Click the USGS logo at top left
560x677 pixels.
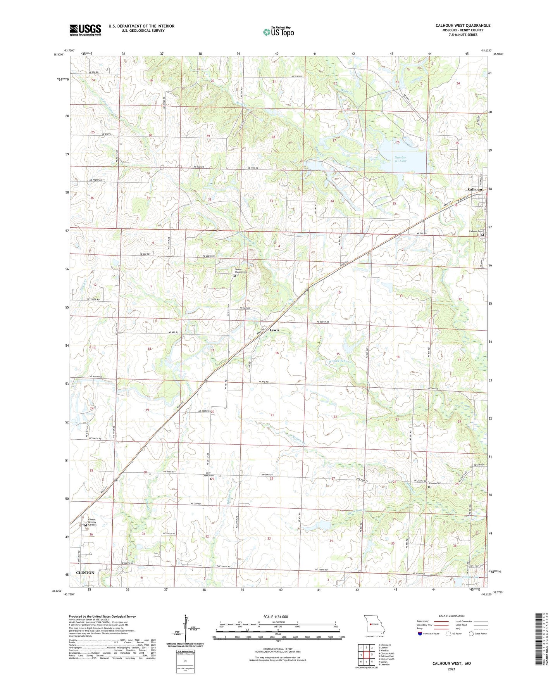pos(85,30)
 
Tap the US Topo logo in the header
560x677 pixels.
pos(278,31)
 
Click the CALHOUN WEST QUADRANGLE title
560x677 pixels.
pos(463,26)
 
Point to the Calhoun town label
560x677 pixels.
pos(475,190)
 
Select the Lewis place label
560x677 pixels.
pos(274,330)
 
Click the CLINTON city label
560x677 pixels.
pos(85,573)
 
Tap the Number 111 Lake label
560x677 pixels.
pos(400,159)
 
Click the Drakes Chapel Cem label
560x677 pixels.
pos(241,271)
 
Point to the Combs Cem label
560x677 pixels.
pos(435,483)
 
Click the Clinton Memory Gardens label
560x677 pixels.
pos(92,522)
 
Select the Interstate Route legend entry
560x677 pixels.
pos(429,634)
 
